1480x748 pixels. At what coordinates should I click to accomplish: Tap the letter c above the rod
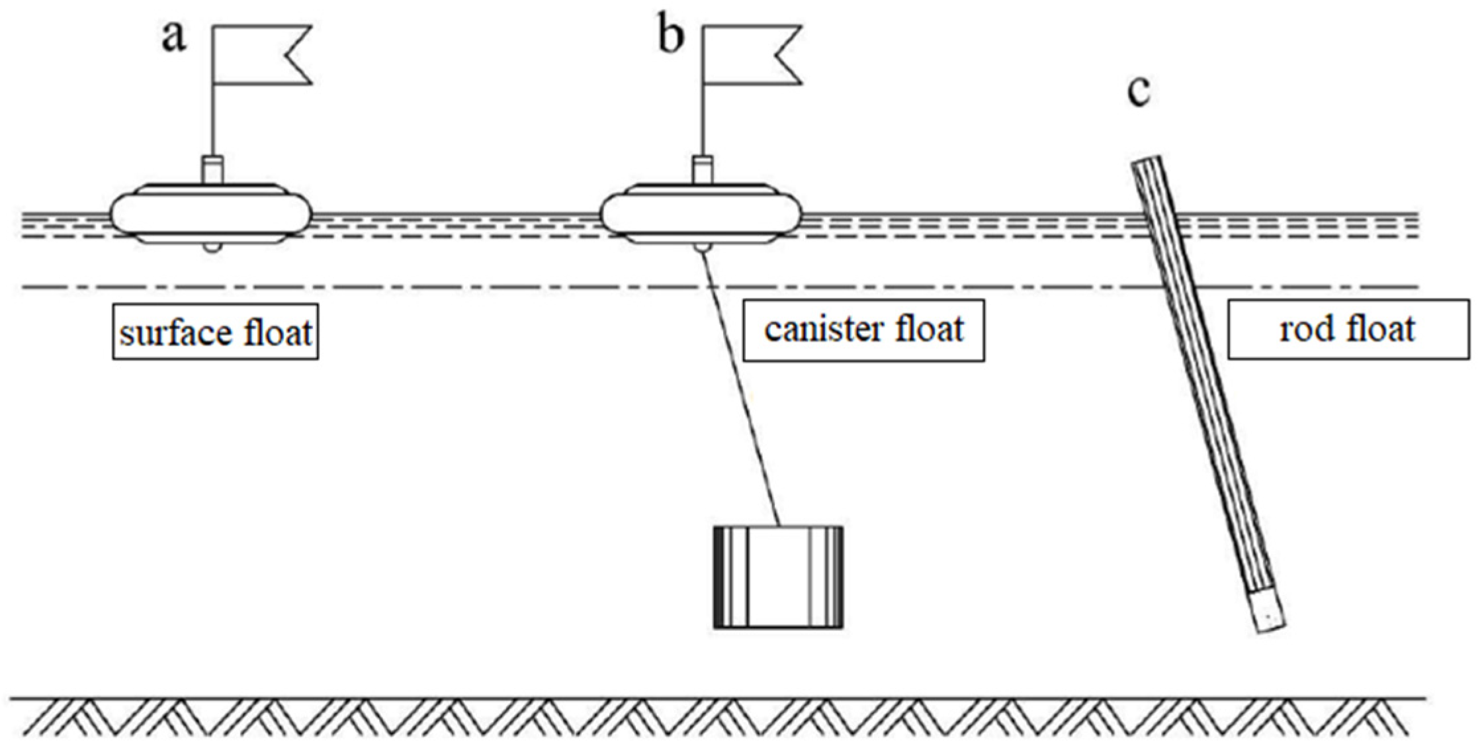[1139, 92]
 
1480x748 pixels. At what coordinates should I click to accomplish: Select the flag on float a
[261, 55]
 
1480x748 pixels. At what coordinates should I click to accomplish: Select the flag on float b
[752, 55]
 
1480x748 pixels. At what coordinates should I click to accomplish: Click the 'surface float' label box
[215, 332]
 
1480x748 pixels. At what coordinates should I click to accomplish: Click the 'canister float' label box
[863, 330]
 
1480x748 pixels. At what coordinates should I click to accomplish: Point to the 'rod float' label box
[1348, 330]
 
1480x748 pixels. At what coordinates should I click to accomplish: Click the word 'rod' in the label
[1304, 330]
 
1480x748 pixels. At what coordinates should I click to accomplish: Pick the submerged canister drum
[778, 577]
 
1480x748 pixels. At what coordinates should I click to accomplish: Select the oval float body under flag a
[210, 213]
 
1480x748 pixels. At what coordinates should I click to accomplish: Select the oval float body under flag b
[701, 213]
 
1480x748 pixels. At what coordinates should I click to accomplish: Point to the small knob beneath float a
[212, 248]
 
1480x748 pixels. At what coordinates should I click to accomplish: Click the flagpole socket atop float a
[212, 168]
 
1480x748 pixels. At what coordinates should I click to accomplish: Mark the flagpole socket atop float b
[703, 168]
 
